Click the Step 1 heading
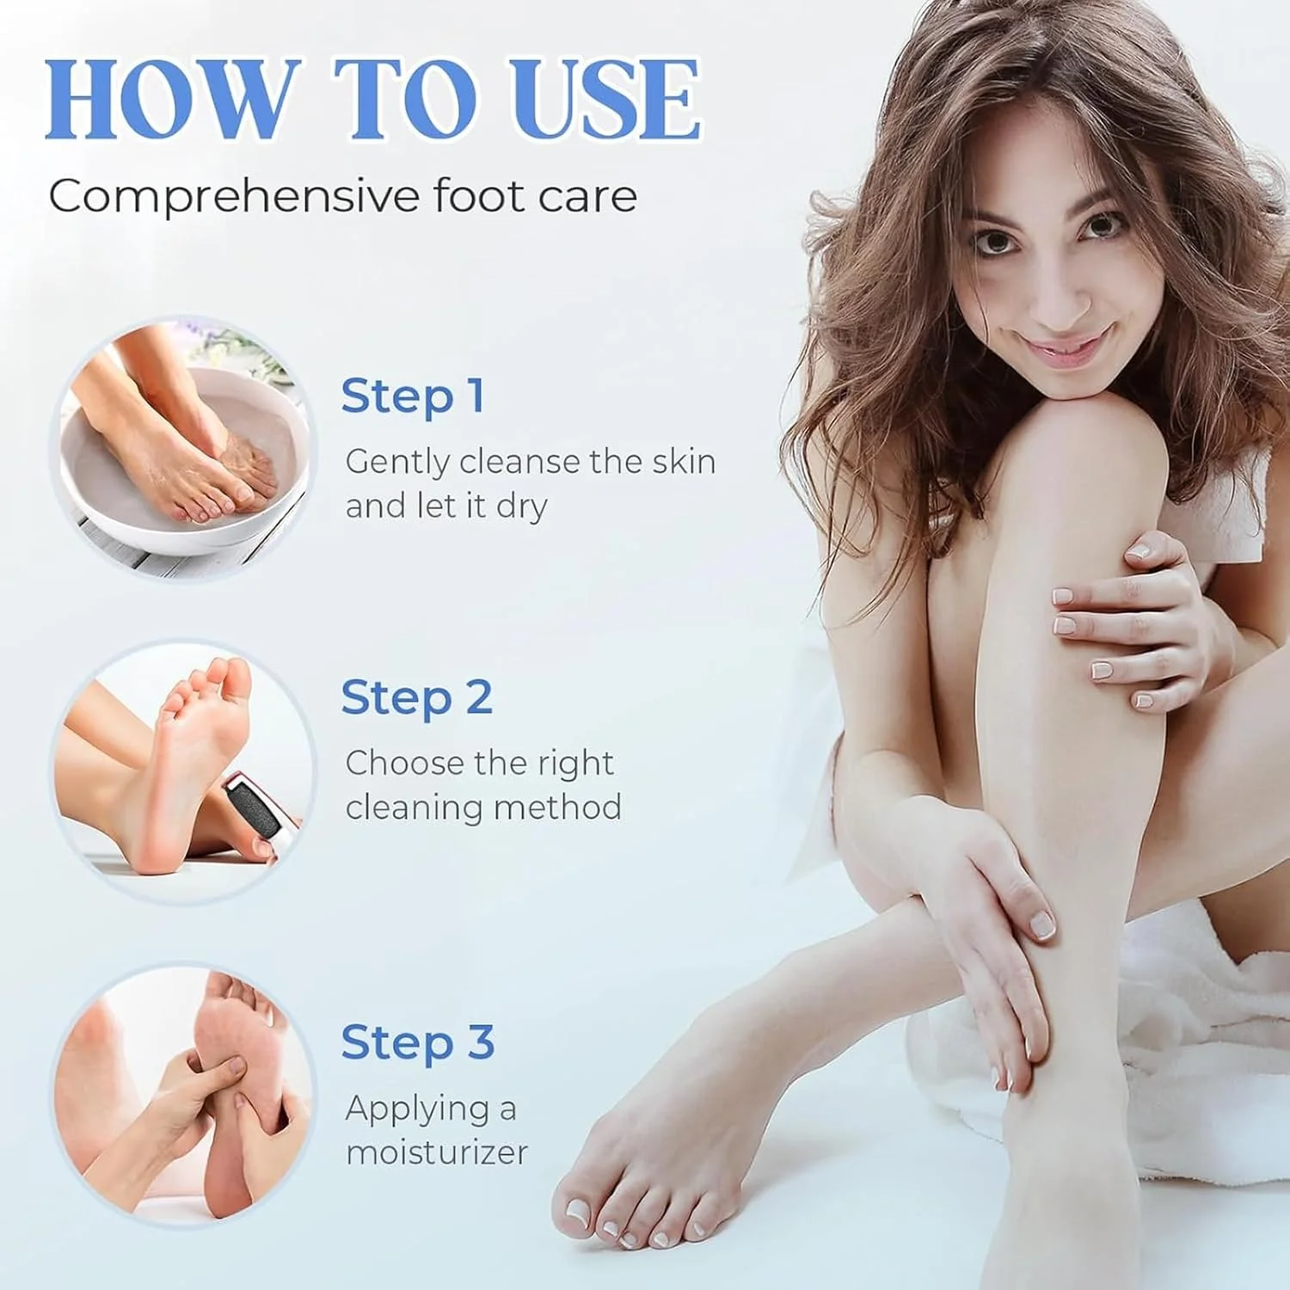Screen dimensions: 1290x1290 tap(413, 396)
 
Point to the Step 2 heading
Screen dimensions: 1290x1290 tap(416, 697)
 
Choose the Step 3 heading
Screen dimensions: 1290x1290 tap(418, 1042)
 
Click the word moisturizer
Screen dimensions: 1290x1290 tap(437, 1152)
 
